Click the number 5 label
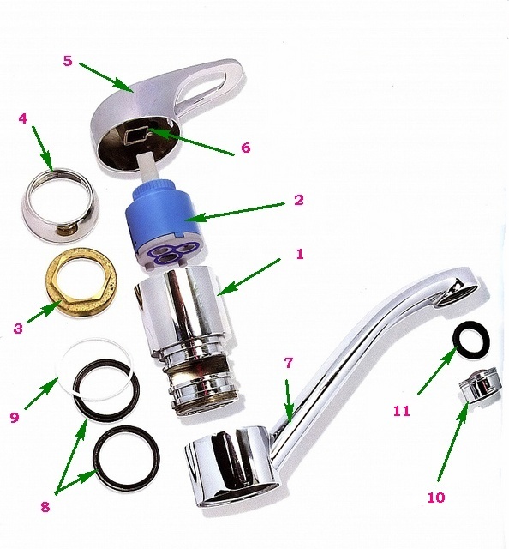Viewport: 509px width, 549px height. coord(68,61)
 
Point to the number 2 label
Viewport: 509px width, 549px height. coord(298,200)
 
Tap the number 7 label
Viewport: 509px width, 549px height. coord(288,363)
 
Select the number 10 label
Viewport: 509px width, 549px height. coord(436,498)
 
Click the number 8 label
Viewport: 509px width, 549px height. coord(45,506)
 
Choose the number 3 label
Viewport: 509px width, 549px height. coord(18,329)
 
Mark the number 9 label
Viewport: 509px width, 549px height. coord(15,418)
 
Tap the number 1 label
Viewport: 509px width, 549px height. coord(299,254)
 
